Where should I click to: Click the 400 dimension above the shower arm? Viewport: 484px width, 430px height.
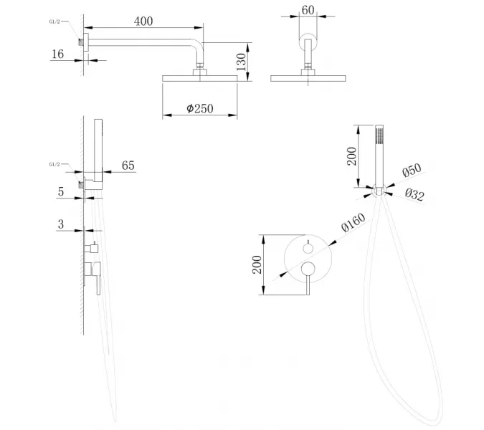tap(143, 21)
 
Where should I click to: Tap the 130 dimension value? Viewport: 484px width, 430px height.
tap(242, 59)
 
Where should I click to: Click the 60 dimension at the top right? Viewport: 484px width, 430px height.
tap(308, 10)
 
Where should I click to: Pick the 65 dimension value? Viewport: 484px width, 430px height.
tap(128, 166)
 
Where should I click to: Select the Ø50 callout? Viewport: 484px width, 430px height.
tap(411, 172)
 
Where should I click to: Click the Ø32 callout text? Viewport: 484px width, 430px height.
tap(414, 193)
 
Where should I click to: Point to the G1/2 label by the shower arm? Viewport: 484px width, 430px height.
tap(57, 23)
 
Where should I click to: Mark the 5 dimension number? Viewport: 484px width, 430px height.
tap(62, 191)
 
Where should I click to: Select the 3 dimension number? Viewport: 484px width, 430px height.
tap(61, 224)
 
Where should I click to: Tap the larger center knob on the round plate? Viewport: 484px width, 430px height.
tap(308, 269)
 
